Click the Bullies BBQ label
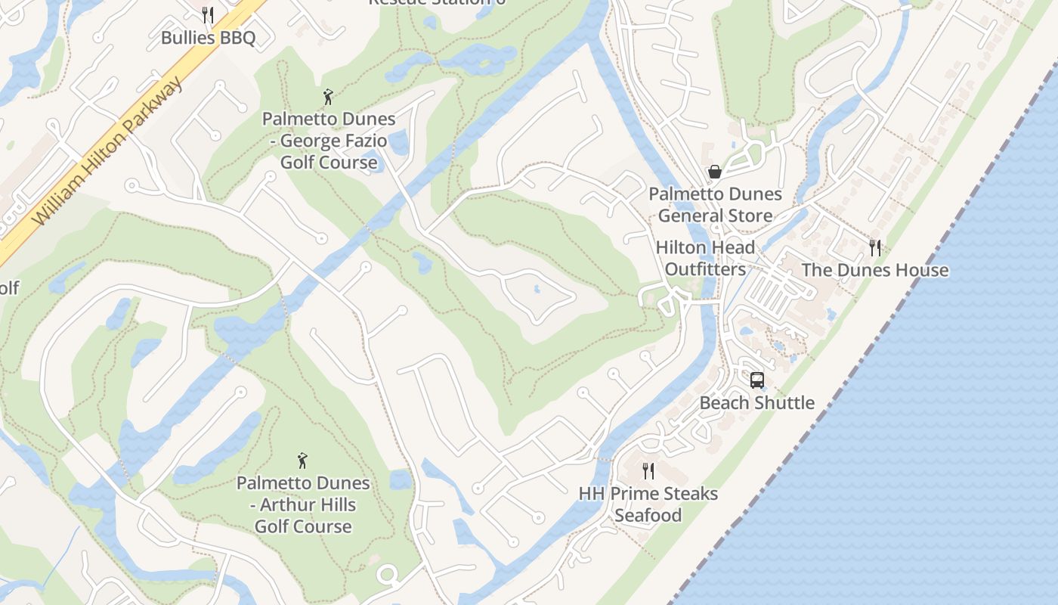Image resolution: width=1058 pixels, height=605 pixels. (208, 37)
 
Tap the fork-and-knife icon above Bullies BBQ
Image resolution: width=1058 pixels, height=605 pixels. (208, 14)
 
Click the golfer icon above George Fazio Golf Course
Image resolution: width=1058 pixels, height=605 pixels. (328, 97)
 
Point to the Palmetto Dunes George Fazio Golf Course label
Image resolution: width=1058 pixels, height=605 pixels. (329, 141)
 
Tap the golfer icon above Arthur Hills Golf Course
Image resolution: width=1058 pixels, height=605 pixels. (302, 460)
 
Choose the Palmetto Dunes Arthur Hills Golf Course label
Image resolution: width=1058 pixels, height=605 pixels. (303, 504)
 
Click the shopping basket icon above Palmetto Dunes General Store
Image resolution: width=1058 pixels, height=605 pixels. (714, 172)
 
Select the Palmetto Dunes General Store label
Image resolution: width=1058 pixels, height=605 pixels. (715, 205)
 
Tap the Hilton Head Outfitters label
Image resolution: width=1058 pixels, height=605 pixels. (705, 258)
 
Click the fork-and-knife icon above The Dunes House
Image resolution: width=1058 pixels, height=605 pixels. (875, 247)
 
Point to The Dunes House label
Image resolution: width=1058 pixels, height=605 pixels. (874, 270)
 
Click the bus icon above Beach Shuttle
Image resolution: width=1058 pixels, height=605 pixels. (756, 380)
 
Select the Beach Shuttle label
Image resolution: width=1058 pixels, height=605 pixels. (756, 402)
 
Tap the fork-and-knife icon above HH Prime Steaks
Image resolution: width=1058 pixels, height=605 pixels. (648, 471)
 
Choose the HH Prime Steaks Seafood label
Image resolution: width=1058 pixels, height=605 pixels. (648, 504)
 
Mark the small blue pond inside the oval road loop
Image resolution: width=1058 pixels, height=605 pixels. (536, 289)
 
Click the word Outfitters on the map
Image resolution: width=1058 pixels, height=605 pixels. (705, 269)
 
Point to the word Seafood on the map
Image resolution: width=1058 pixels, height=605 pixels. (648, 516)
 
